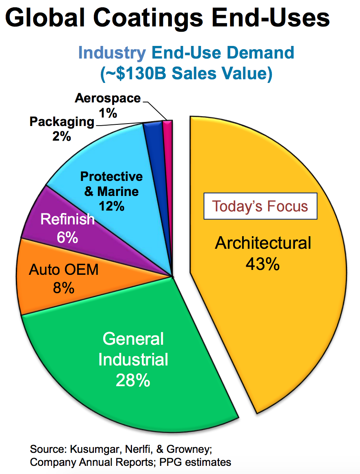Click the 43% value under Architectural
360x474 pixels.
click(262, 264)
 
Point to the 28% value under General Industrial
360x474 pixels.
click(133, 381)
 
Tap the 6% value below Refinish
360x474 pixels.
click(67, 237)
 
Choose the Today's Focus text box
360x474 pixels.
click(260, 206)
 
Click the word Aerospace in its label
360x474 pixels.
click(108, 98)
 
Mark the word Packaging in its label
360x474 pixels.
click(62, 122)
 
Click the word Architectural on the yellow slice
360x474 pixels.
click(263, 243)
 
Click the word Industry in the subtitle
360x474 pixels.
click(112, 53)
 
